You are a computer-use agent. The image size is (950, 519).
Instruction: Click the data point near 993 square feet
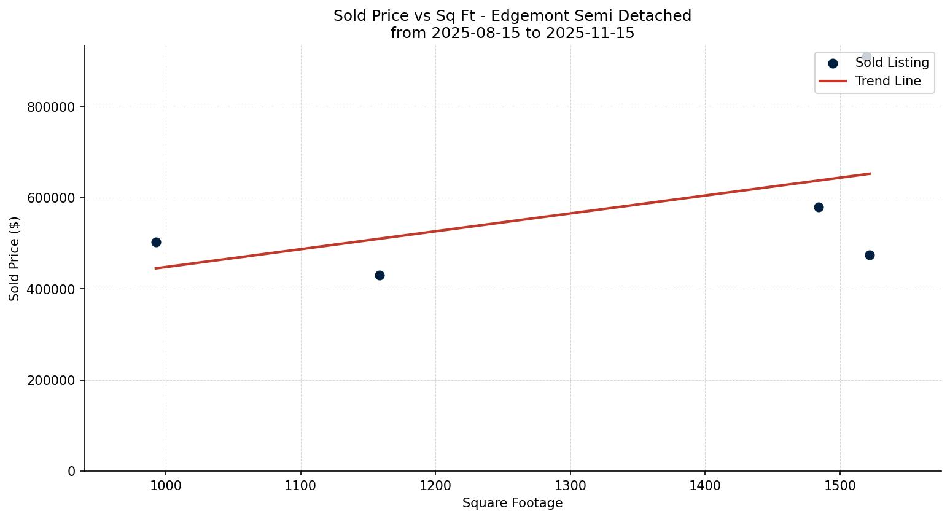pos(156,242)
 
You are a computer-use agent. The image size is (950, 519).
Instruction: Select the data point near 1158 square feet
pos(380,275)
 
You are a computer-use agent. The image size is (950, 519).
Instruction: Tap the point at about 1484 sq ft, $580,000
pos(819,207)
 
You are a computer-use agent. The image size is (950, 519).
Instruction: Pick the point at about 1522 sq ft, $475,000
pos(870,255)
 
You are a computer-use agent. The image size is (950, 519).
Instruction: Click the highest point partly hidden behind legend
pos(866,57)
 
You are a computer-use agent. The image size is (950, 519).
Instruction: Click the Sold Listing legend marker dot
pos(833,63)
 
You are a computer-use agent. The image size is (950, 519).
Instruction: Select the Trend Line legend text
pos(888,81)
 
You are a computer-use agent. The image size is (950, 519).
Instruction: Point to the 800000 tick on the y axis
pos(51,107)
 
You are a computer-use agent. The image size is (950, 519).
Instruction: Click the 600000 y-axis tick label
pos(51,198)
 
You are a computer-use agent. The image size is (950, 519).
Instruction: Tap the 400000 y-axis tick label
pos(51,289)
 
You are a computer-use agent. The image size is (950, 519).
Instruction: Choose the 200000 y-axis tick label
pos(51,380)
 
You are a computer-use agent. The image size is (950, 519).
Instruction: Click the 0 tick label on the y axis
pos(72,471)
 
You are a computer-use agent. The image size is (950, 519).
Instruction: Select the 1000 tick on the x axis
pos(166,485)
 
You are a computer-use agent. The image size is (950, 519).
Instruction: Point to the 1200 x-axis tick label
pos(435,485)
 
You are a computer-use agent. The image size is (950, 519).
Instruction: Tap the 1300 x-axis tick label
pos(570,485)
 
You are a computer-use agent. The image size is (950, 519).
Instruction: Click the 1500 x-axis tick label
pos(840,485)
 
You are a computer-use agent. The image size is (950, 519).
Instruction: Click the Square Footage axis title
pos(512,504)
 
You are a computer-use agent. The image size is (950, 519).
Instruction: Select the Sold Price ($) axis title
pos(15,259)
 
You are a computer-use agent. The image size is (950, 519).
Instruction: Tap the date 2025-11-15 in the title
pos(590,33)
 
